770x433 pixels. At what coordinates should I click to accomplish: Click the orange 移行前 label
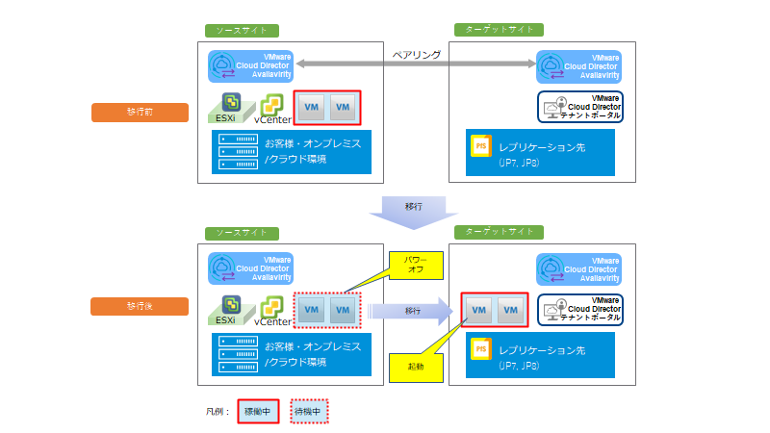[140, 113]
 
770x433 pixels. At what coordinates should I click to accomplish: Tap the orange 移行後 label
[140, 307]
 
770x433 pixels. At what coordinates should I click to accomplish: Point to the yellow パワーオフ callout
[415, 264]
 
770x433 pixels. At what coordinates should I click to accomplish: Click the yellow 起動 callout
[416, 367]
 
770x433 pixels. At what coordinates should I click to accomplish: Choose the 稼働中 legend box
[260, 411]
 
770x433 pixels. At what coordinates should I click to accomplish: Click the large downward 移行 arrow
[414, 211]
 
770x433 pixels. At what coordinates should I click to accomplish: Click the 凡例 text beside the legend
[218, 411]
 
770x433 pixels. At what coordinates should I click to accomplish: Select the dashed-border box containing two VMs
[326, 310]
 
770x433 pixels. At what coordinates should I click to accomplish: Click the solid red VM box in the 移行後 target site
[495, 310]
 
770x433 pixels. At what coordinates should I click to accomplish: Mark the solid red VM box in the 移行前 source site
[326, 108]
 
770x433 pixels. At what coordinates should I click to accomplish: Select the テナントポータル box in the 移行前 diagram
[579, 106]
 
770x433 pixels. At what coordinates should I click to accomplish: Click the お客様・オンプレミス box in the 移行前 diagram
[292, 151]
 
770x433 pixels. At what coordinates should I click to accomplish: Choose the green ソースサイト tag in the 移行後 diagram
[243, 234]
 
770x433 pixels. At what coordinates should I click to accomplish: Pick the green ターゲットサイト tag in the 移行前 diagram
[500, 30]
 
